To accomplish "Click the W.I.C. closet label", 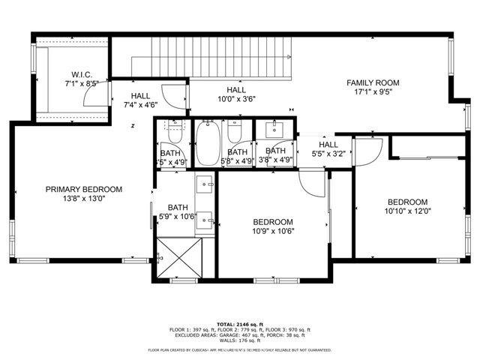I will (81, 74).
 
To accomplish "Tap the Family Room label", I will (372, 82).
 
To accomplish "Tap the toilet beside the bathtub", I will (234, 134).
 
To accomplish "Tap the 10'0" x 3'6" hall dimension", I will (237, 99).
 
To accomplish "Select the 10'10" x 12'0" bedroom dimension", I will (407, 211).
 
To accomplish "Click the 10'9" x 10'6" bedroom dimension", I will (272, 231).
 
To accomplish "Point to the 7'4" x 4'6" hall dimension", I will (140, 106).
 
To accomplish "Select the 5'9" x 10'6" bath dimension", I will (178, 217).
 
